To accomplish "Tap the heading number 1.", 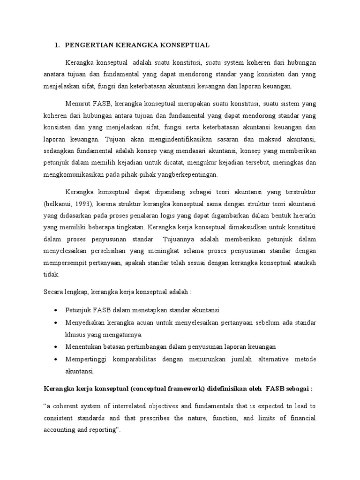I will [57, 45].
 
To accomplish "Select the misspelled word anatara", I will [56, 75].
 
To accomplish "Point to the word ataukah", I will [305, 263].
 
